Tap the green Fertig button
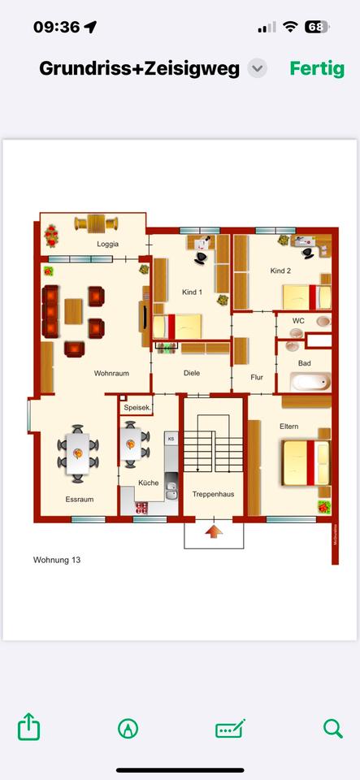point(317,68)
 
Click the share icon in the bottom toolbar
point(29,727)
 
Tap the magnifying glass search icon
point(332,728)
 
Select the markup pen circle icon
point(128,728)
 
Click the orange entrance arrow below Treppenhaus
point(213,532)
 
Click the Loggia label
point(108,244)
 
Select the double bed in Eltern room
point(305,462)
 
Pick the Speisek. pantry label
point(137,409)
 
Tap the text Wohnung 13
point(57,560)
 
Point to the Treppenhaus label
point(213,494)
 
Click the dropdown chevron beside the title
point(257,68)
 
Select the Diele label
point(192,374)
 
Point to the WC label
point(298,321)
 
